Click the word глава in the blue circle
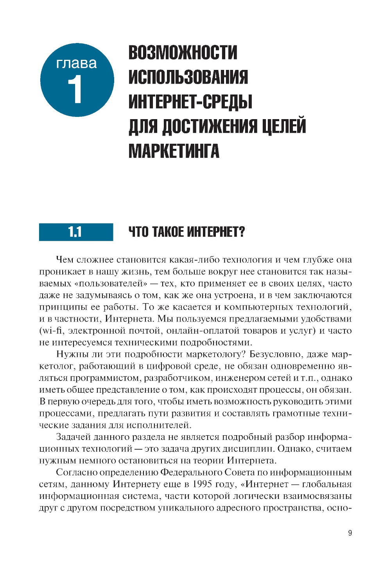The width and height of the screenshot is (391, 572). tap(77, 63)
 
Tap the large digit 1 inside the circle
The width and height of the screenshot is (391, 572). tap(75, 89)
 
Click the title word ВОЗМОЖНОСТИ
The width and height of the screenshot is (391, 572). tap(183, 53)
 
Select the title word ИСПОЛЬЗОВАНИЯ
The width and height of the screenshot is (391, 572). tap(188, 77)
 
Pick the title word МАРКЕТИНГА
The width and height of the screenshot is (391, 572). tap(174, 151)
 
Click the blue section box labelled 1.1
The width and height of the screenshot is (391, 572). tap(76, 232)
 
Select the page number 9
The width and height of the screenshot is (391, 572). tap(350, 533)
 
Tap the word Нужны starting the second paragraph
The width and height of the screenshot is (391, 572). tap(69, 354)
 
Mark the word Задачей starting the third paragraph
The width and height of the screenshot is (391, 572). tap(73, 437)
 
